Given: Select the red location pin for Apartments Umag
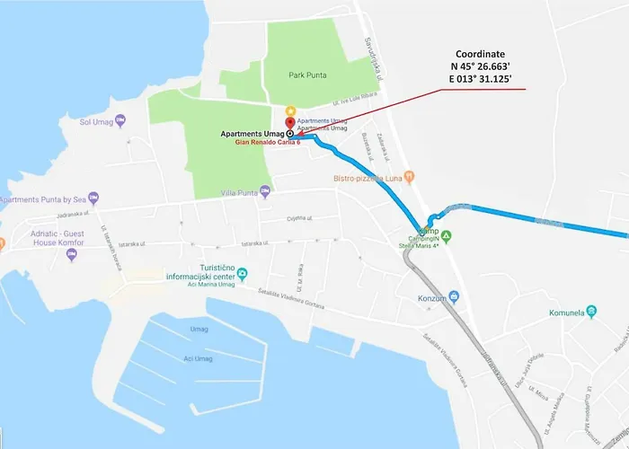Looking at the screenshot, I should click(x=289, y=124).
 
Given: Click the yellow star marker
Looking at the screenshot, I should click(x=289, y=110).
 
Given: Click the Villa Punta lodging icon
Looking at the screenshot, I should click(x=264, y=190).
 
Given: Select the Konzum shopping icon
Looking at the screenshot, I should click(x=455, y=295).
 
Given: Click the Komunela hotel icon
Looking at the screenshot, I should click(x=591, y=313).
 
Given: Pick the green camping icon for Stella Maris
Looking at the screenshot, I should click(x=447, y=236).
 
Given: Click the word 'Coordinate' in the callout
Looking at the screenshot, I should click(x=481, y=54).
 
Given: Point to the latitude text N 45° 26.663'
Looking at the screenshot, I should click(x=481, y=66).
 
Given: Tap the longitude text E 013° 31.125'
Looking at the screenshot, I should click(x=481, y=80).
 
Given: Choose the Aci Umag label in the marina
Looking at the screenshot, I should click(x=197, y=359).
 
